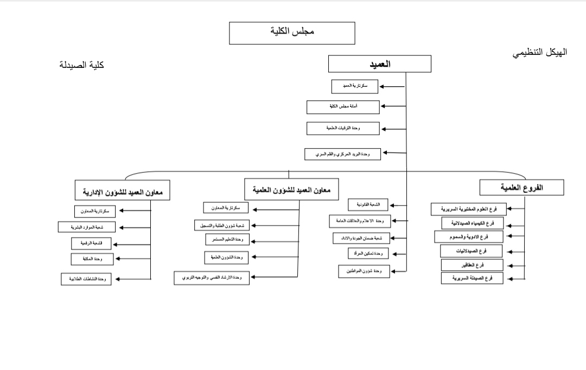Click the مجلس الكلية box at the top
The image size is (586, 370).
[292, 33]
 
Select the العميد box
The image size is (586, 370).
[380, 64]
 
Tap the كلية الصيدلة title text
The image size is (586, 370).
[82, 65]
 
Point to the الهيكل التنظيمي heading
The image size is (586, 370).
[540, 53]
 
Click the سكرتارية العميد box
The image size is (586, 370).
[355, 86]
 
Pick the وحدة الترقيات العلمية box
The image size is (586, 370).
[343, 128]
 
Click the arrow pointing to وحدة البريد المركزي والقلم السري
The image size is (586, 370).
[394, 153]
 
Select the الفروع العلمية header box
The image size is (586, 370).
[522, 188]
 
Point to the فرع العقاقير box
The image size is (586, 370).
[472, 265]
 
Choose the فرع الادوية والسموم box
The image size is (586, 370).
[469, 237]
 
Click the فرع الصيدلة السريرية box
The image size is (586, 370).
[472, 278]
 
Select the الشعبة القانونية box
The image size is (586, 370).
[368, 205]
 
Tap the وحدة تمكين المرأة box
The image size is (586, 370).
[368, 253]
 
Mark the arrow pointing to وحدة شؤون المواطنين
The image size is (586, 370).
[398, 271]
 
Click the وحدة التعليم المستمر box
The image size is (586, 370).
[227, 239]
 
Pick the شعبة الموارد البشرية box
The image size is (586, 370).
[87, 227]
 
